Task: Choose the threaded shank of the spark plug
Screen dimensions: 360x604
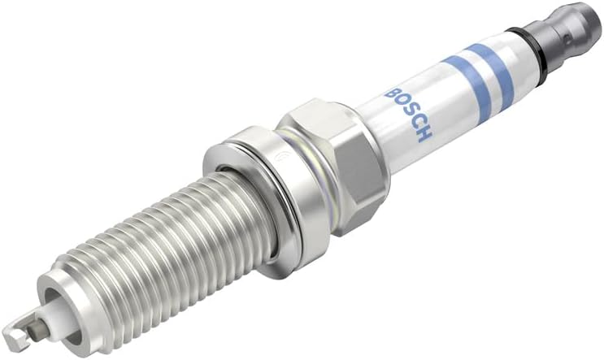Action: click(x=146, y=252)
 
